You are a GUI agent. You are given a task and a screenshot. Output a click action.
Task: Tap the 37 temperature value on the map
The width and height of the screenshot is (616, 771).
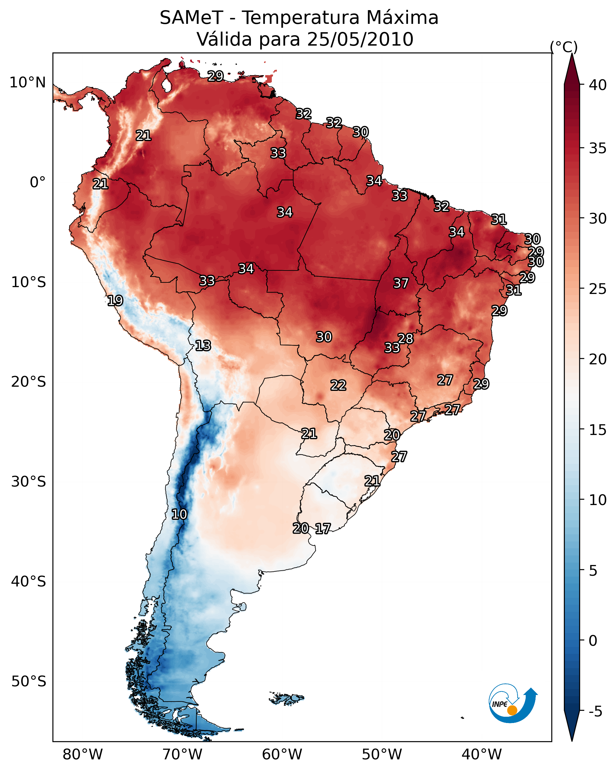click(x=401, y=283)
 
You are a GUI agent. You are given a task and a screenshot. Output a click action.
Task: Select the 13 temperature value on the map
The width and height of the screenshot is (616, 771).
click(x=203, y=346)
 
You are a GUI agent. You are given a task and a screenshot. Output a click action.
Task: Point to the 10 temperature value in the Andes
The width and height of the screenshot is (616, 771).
click(x=179, y=514)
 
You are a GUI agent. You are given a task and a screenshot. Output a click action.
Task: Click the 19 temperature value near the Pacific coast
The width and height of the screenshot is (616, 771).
click(x=115, y=301)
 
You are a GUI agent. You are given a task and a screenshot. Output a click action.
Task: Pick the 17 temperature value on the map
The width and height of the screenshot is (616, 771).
click(x=323, y=529)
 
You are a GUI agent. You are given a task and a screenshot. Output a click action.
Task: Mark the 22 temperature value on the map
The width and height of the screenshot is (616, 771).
click(x=338, y=385)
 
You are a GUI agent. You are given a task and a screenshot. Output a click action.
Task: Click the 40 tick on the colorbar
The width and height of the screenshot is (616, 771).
click(x=598, y=85)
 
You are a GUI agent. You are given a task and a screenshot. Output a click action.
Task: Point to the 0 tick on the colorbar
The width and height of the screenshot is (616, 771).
click(x=593, y=641)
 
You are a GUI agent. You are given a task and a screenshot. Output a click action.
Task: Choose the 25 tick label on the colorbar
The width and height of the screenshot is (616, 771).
click(x=598, y=289)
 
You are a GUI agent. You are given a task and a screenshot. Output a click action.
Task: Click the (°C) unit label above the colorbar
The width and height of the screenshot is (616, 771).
click(x=564, y=47)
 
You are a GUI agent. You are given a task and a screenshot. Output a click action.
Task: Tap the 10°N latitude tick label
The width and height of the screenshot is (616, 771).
click(x=27, y=83)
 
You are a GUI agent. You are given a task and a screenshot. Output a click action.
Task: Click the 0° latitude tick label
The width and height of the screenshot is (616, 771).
click(x=38, y=182)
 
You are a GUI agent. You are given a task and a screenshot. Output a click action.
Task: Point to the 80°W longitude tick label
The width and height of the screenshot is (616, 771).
click(x=83, y=754)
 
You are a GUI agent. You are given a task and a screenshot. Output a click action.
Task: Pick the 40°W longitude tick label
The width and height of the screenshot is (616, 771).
click(x=482, y=754)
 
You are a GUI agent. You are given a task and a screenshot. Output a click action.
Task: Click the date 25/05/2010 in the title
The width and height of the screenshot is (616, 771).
click(x=360, y=39)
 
